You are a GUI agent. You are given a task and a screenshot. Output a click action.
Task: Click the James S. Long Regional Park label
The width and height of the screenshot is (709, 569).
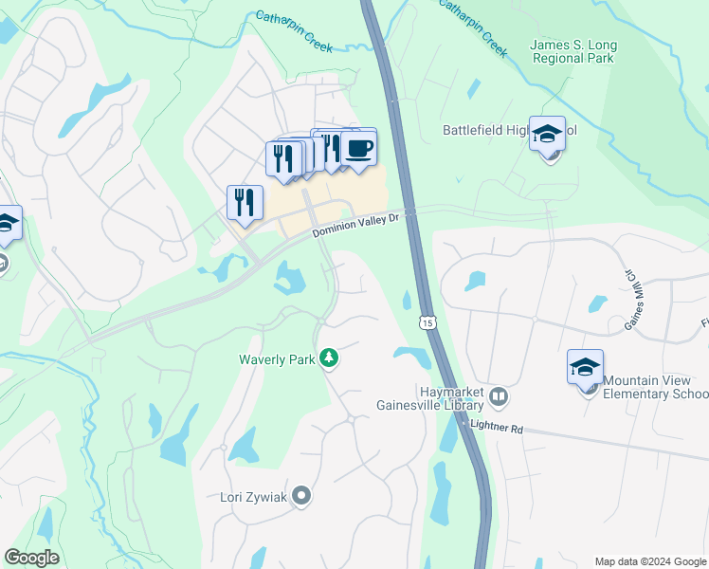[572, 51]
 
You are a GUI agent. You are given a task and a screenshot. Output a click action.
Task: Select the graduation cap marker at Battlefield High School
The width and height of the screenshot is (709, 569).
[547, 134]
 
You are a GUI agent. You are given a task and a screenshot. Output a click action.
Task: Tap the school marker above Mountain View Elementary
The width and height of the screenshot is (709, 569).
[585, 366]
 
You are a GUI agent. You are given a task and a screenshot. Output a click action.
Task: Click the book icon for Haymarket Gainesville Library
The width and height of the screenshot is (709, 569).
[500, 395]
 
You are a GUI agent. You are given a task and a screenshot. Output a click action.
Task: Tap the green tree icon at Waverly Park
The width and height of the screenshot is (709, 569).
[329, 358]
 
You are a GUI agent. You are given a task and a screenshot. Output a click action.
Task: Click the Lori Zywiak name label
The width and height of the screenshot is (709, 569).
[252, 495]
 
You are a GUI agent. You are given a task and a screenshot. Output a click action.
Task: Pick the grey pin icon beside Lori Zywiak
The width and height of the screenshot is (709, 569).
[301, 495]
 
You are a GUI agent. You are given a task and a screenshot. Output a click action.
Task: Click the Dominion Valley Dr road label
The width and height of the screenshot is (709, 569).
[357, 224]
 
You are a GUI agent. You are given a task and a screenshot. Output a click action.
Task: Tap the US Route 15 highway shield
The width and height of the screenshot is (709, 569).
[428, 324]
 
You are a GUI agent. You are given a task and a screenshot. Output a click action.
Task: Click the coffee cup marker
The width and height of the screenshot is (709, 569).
[358, 149]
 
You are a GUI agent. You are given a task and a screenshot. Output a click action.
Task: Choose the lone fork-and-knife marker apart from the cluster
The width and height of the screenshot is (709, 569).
[245, 202]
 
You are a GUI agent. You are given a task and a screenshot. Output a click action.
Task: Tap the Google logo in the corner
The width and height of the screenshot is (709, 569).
[31, 558]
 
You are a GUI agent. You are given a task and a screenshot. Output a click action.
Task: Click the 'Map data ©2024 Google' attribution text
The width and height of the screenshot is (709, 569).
[649, 560]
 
